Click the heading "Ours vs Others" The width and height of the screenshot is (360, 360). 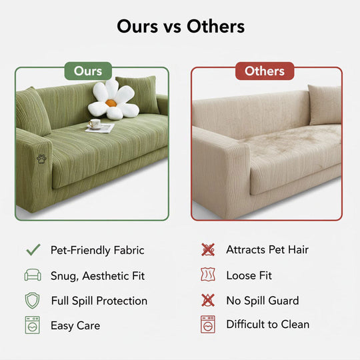(x=180, y=26)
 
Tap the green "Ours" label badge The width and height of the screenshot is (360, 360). (x=88, y=71)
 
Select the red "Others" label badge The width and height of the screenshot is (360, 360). (x=265, y=71)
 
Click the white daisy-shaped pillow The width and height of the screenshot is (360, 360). (x=113, y=101)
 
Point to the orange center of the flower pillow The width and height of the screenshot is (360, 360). (x=111, y=103)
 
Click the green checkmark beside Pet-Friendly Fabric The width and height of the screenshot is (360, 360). (x=33, y=250)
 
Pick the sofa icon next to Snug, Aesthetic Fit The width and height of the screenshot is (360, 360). (x=33, y=275)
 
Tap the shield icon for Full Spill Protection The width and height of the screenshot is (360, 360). (x=33, y=300)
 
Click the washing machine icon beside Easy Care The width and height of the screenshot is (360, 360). (x=33, y=325)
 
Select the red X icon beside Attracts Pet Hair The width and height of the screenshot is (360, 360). (x=208, y=250)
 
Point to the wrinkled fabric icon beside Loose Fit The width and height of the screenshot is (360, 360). (x=208, y=275)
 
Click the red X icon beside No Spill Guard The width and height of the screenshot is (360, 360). (x=208, y=300)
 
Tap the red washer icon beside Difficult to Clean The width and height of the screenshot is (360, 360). (x=208, y=325)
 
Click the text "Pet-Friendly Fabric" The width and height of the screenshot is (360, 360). (x=97, y=251)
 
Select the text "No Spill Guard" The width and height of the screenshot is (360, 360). (x=263, y=301)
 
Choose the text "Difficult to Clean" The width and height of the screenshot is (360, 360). (x=268, y=325)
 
